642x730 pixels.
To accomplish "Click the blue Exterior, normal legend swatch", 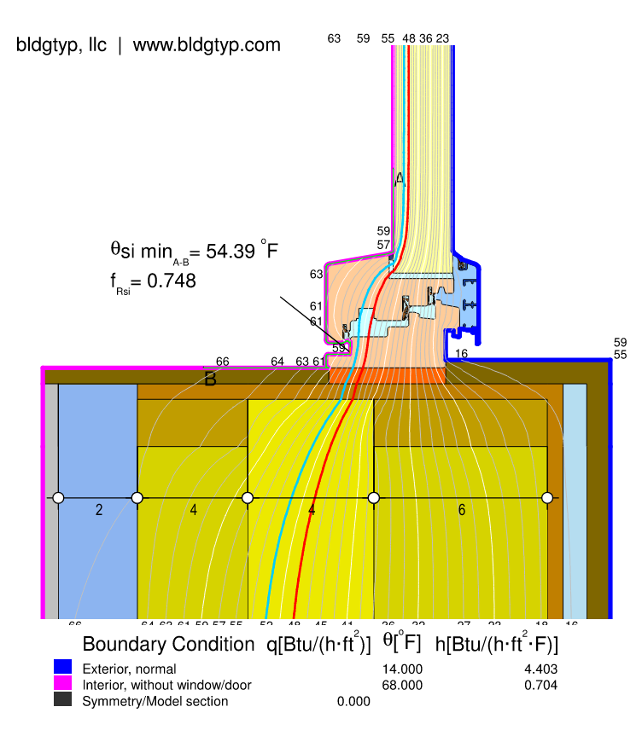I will pyautogui.click(x=62, y=668).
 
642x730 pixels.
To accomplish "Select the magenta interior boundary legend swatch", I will pyautogui.click(x=62, y=684).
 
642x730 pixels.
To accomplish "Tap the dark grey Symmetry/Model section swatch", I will pyautogui.click(x=62, y=700).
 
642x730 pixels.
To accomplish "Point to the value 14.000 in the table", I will pyautogui.click(x=402, y=669).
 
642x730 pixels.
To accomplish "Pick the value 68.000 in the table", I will pyautogui.click(x=402, y=685).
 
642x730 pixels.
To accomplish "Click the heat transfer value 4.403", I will pyautogui.click(x=540, y=669).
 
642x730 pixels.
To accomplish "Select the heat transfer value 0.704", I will pyautogui.click(x=540, y=685).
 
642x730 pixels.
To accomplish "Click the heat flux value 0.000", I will pyautogui.click(x=353, y=701).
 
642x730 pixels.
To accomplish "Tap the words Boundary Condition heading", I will pyautogui.click(x=168, y=645).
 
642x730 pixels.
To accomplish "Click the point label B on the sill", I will pyautogui.click(x=210, y=379).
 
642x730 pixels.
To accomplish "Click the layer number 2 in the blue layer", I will pyautogui.click(x=99, y=510).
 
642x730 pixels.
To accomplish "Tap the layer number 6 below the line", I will pyautogui.click(x=462, y=510).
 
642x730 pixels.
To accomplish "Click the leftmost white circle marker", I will pyautogui.click(x=58, y=497).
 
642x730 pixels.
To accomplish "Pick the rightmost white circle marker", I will pyautogui.click(x=547, y=497).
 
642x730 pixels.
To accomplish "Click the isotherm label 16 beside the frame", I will pyautogui.click(x=461, y=353).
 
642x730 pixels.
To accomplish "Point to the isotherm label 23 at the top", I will pyautogui.click(x=442, y=38).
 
